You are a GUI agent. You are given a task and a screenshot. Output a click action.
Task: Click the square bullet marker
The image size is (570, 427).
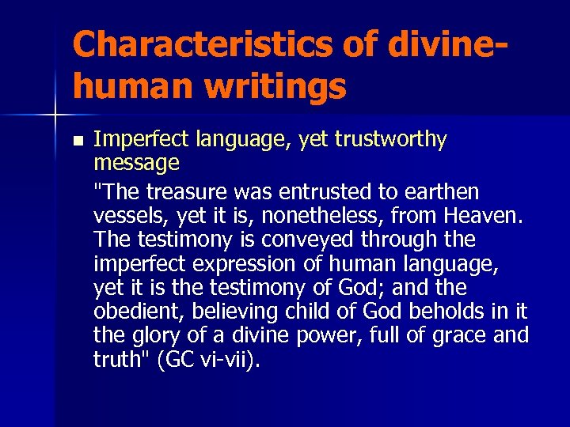coord(76,142)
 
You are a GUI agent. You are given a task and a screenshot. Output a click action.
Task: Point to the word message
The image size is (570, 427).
coord(136,164)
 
